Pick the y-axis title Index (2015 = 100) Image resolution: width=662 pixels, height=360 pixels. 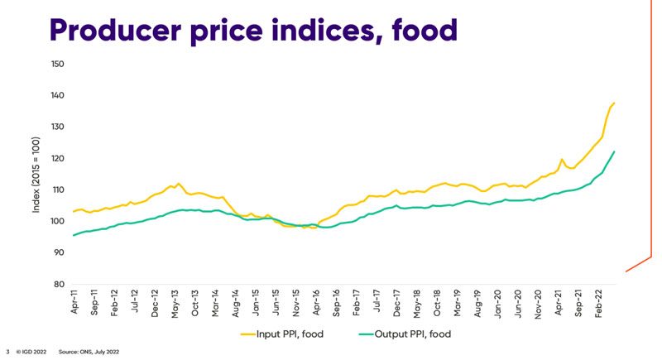tap(38, 174)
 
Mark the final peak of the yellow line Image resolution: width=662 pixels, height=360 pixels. tap(614, 103)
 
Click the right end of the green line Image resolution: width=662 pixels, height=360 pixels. tap(614, 151)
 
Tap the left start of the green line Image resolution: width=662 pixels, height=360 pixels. tap(74, 235)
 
